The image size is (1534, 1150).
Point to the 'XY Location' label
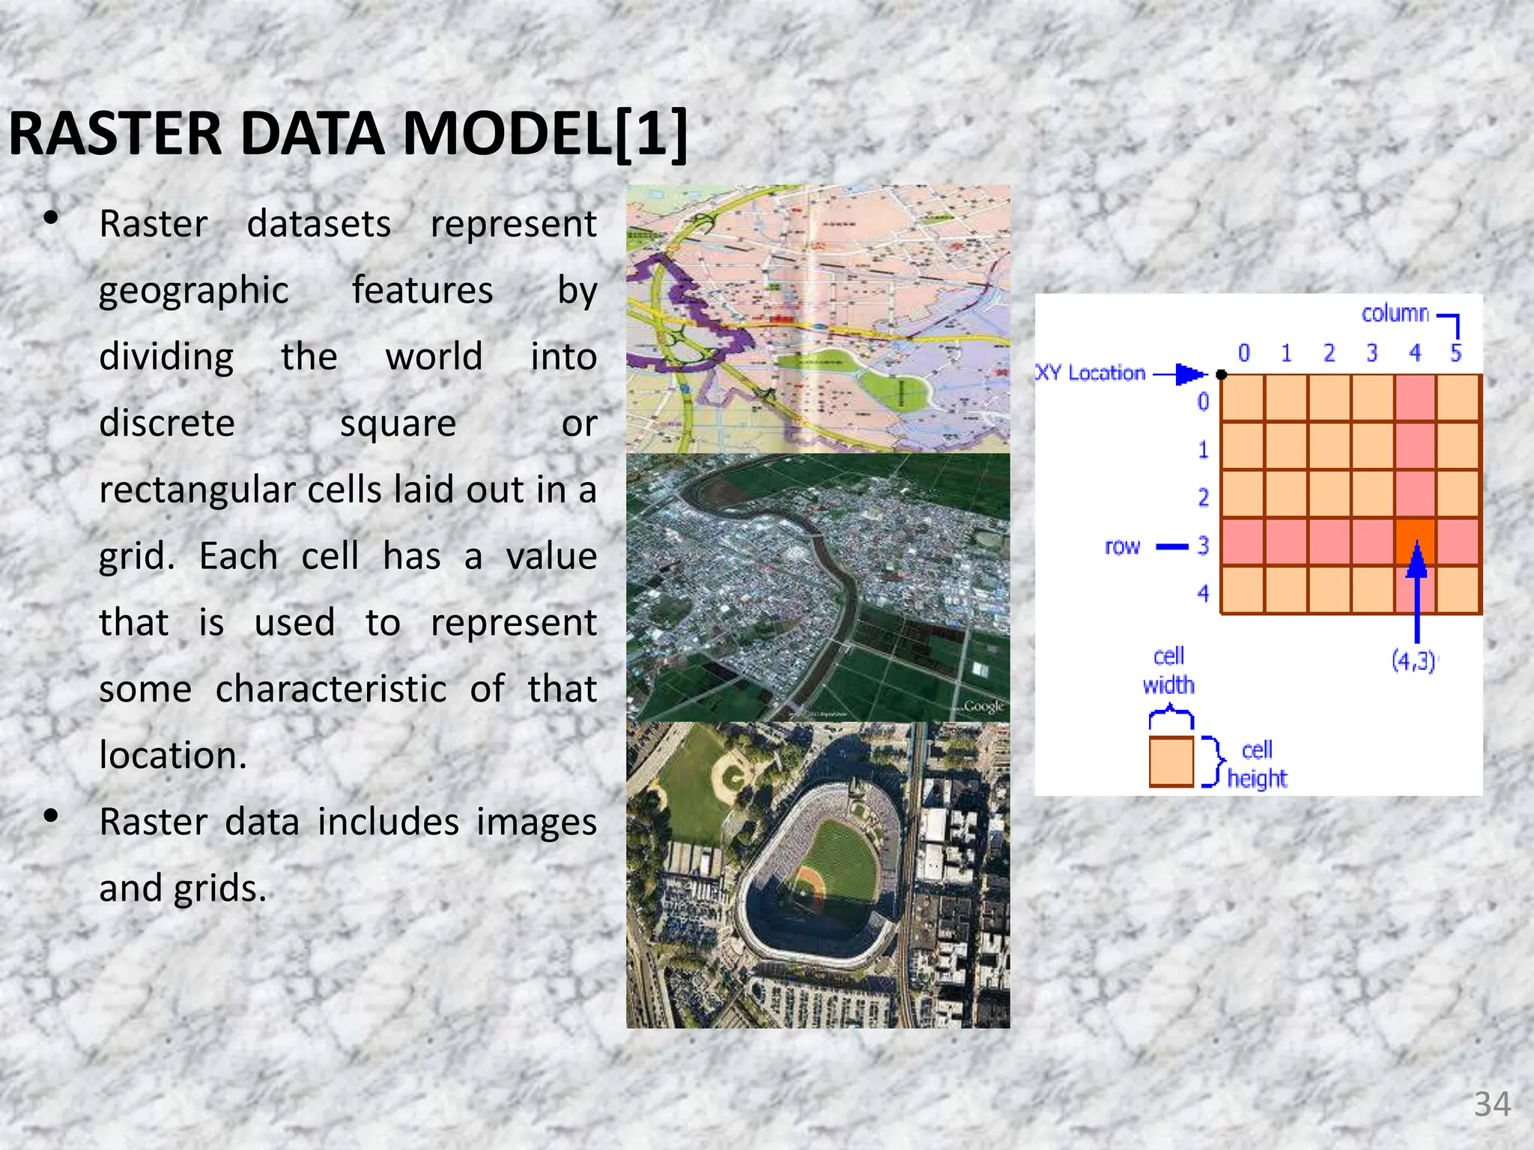click(1091, 373)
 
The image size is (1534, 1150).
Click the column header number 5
click(1455, 353)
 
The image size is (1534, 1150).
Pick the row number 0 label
click(1203, 402)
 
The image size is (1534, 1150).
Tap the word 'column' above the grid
click(1395, 314)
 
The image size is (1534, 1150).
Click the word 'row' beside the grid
click(1121, 547)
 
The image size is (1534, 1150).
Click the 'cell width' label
click(1168, 671)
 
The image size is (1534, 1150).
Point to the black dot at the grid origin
click(1222, 374)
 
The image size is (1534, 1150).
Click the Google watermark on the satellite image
click(983, 706)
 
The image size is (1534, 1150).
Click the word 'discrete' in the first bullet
click(167, 423)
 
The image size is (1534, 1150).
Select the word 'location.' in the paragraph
click(173, 755)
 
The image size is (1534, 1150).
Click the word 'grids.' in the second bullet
click(220, 888)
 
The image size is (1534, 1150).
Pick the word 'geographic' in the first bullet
click(193, 290)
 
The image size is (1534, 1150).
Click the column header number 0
click(1243, 353)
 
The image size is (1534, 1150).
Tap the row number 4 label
click(1203, 594)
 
